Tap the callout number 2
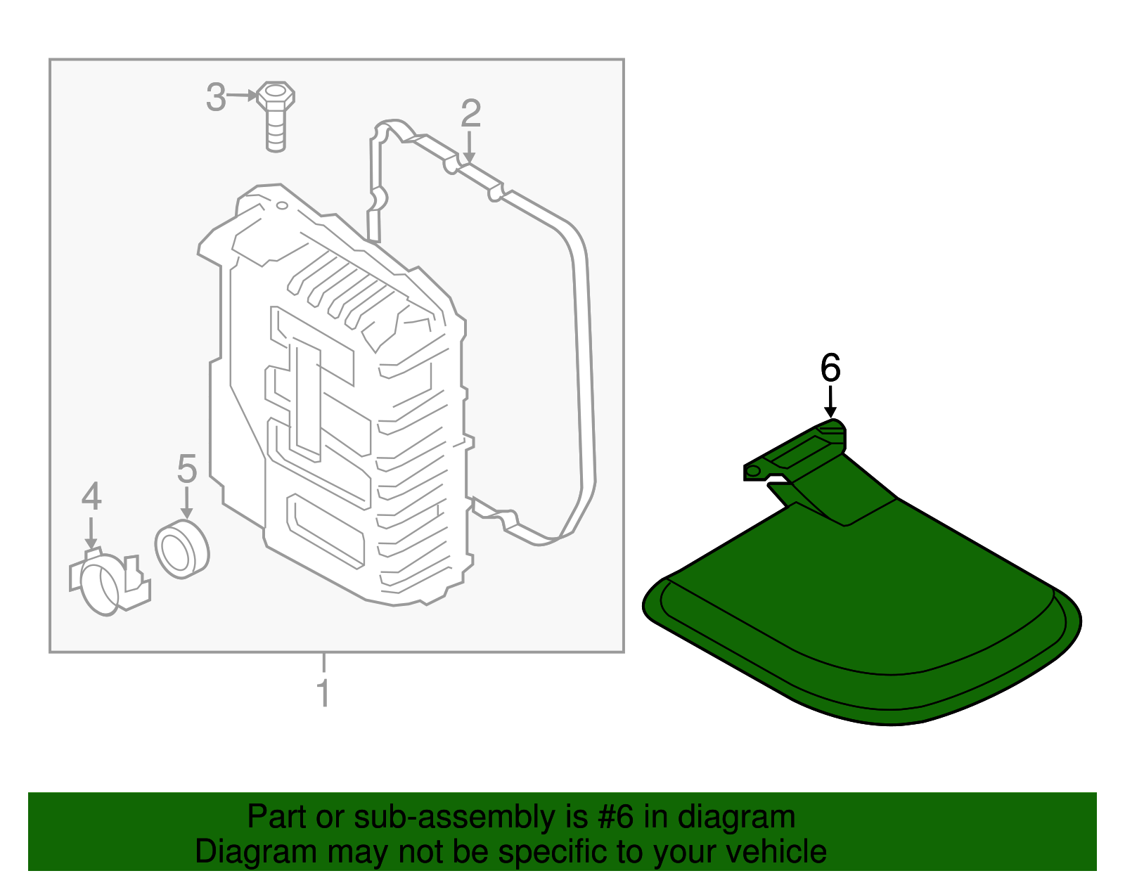[470, 113]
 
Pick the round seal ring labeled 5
[181, 548]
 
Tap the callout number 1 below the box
[323, 693]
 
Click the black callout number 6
[830, 368]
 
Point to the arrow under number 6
[830, 404]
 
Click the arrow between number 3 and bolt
[243, 96]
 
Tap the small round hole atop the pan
[282, 205]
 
